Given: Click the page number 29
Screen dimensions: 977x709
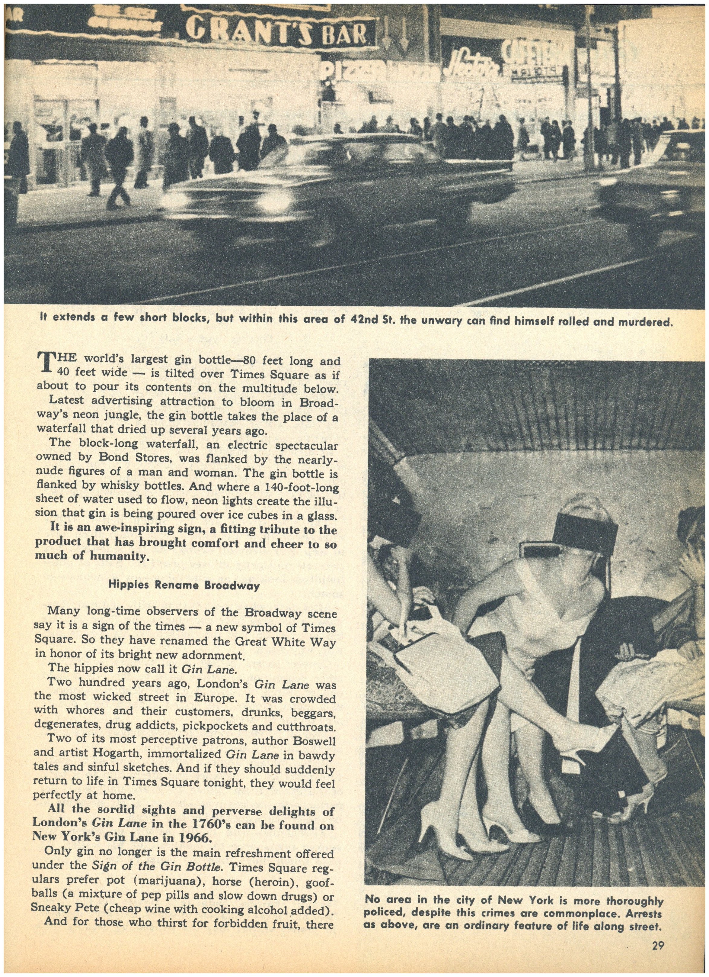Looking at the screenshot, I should pos(657,943).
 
